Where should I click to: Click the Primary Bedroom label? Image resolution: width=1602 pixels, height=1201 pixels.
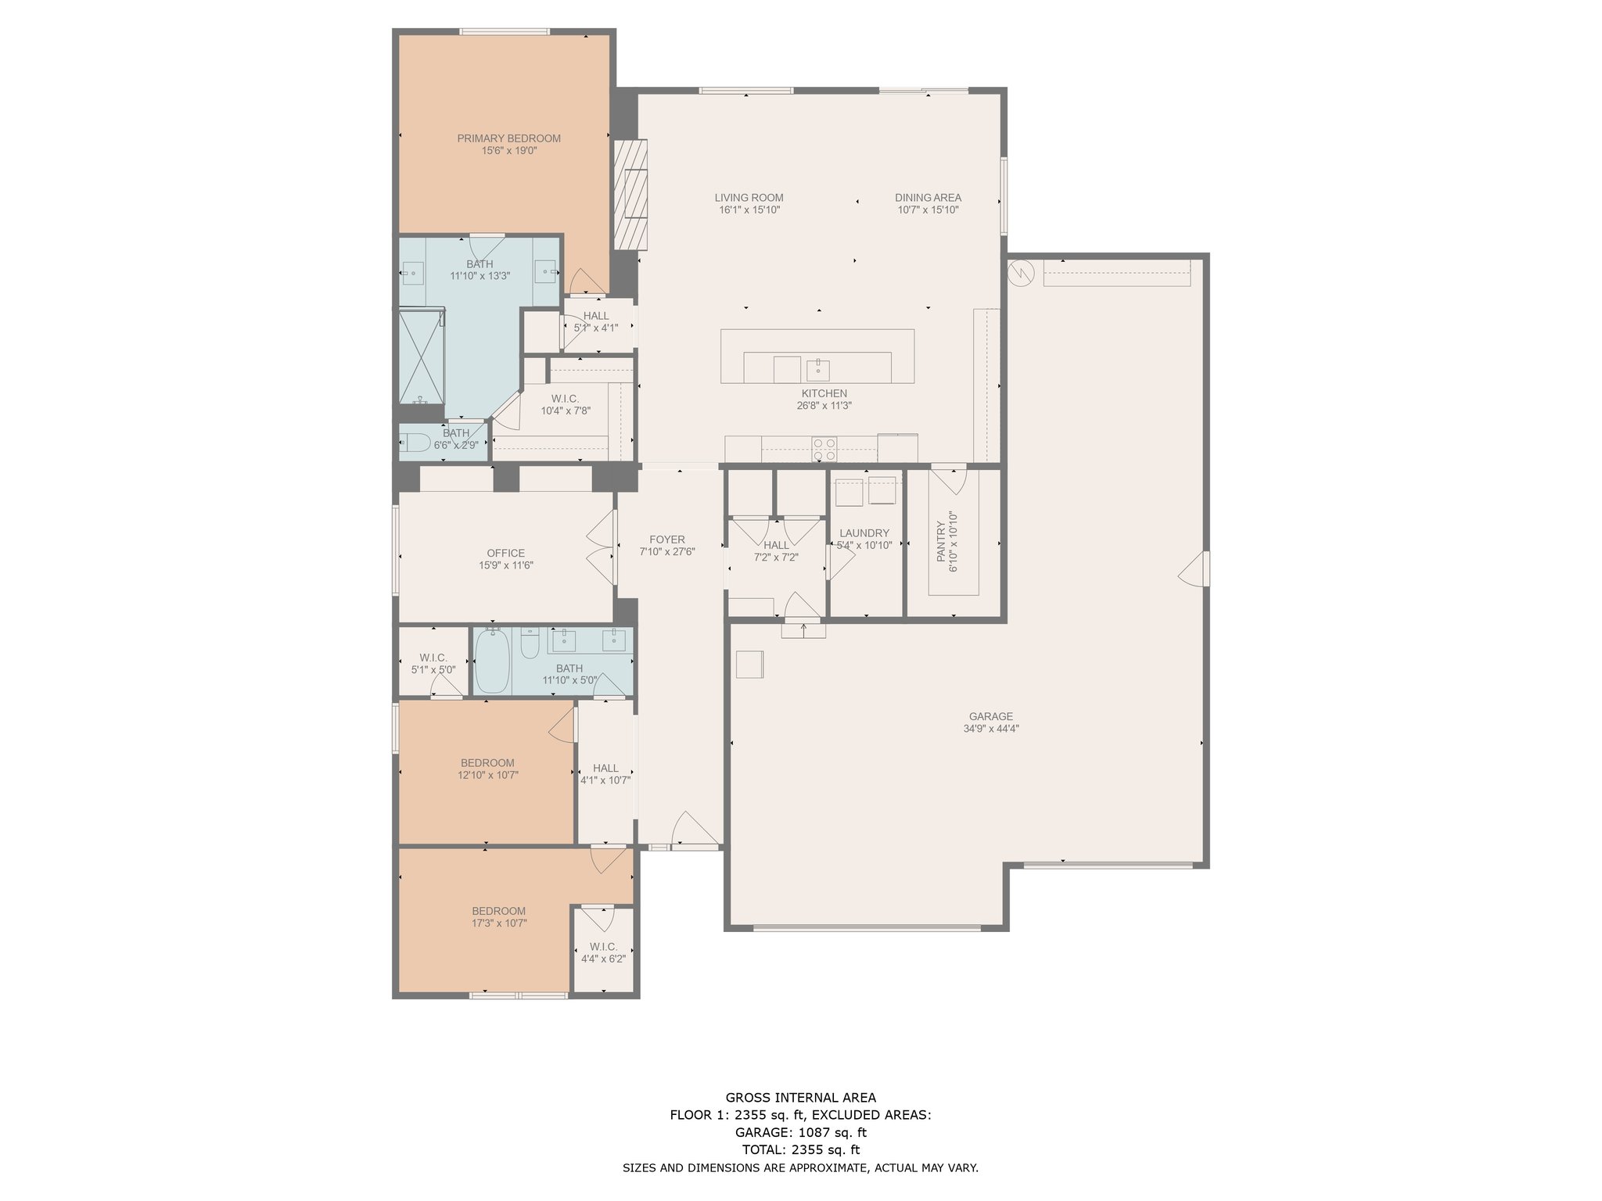(509, 138)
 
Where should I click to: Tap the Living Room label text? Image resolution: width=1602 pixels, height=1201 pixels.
(749, 198)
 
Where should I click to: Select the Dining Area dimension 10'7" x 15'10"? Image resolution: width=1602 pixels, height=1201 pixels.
(928, 210)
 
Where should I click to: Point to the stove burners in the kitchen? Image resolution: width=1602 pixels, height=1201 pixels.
(824, 450)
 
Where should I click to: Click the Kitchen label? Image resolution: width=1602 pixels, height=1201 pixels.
(824, 393)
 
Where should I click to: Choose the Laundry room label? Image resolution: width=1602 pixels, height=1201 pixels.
(864, 533)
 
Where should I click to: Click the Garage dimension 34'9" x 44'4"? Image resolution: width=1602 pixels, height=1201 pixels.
(991, 729)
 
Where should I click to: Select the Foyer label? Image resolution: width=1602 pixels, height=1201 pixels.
(667, 540)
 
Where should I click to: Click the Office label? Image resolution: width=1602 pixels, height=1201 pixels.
(506, 554)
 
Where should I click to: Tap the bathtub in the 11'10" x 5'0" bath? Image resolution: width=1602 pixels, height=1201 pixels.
(492, 661)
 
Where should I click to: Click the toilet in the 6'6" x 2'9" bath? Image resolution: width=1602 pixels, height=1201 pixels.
(414, 443)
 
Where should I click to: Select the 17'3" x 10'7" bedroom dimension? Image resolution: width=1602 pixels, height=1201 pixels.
(498, 923)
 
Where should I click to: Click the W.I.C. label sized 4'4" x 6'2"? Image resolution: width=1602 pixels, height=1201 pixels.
(603, 947)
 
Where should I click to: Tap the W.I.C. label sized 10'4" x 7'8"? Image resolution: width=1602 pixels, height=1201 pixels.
(565, 399)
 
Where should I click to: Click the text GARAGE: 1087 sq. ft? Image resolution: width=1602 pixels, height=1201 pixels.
(800, 1132)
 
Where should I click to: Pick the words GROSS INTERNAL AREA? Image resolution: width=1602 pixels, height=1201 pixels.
(800, 1098)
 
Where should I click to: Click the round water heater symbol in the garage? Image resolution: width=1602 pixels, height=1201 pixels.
(1022, 272)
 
